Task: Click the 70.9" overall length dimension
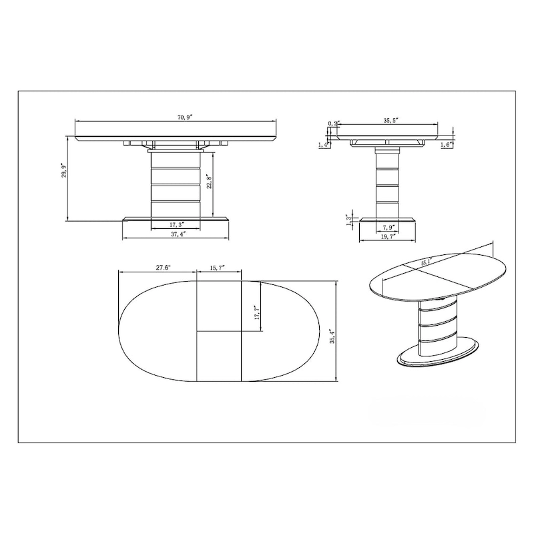[x=185, y=117]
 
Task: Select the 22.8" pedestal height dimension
[x=209, y=182]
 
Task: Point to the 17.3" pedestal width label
[x=177, y=225]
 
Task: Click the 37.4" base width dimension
[x=177, y=235]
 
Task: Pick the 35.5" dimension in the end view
[x=390, y=121]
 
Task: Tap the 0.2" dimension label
[x=334, y=123]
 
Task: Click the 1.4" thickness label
[x=325, y=144]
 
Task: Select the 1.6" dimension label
[x=447, y=144]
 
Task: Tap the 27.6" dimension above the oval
[x=160, y=267]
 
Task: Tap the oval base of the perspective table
[x=437, y=354]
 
